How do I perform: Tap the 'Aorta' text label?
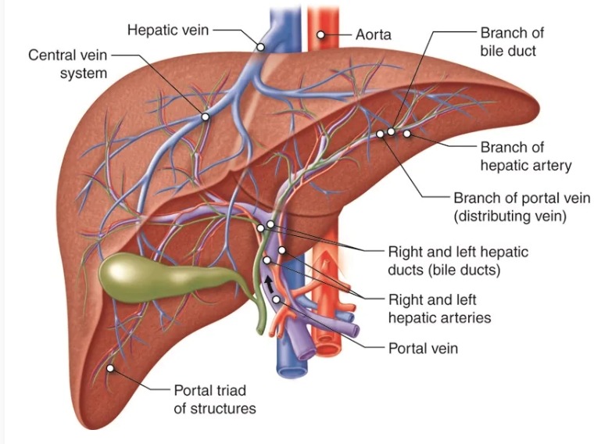click(373, 35)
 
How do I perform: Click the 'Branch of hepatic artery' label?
click(525, 156)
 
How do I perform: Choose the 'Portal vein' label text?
click(423, 348)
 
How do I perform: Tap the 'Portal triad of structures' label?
click(214, 398)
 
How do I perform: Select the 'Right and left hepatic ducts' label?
click(458, 261)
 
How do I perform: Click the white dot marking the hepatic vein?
click(260, 47)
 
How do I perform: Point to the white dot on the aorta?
click(320, 35)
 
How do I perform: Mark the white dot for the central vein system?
click(205, 117)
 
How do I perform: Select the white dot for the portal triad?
click(111, 367)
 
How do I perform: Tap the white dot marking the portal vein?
click(275, 300)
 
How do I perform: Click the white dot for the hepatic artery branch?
click(406, 134)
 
